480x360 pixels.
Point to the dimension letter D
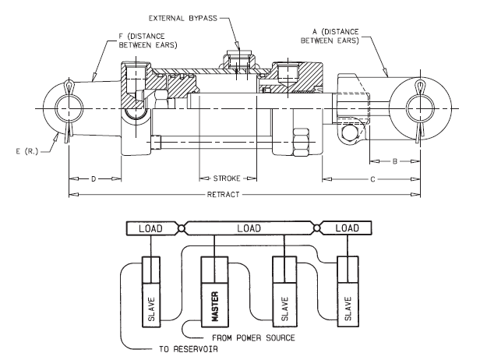tap(94, 178)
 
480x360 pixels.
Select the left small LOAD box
tap(153, 228)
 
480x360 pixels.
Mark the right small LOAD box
tap(348, 228)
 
